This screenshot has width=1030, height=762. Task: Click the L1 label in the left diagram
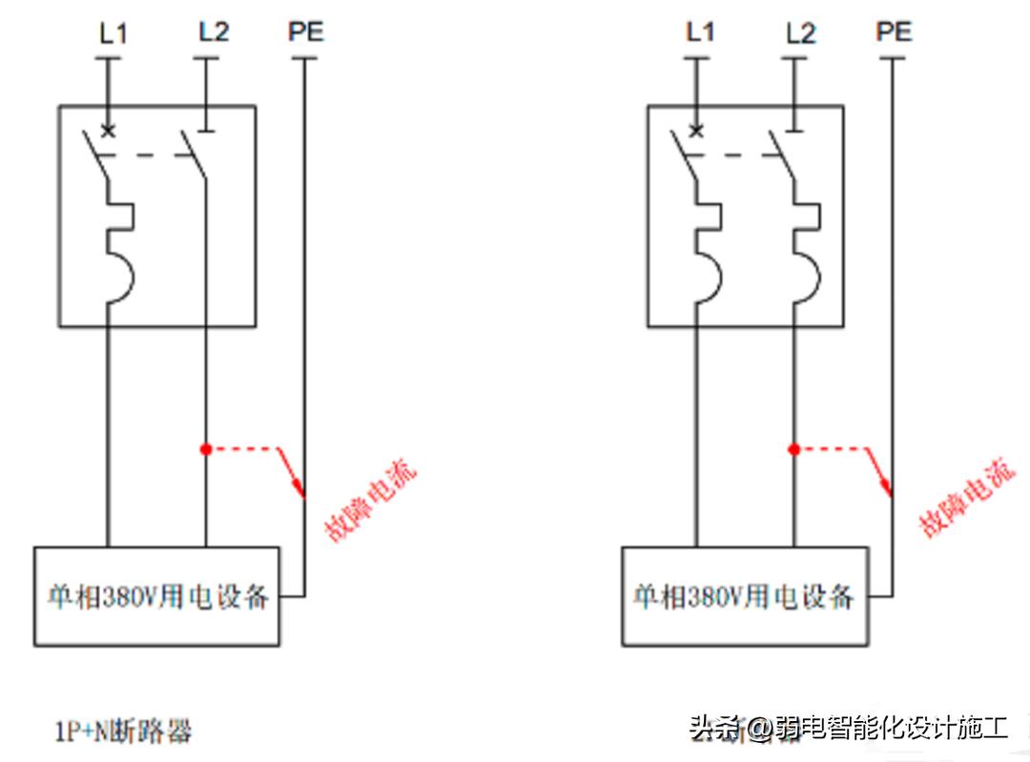113,34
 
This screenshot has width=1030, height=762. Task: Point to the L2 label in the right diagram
801,34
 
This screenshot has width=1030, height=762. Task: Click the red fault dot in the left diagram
205,448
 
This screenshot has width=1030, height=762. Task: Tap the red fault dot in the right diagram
793,448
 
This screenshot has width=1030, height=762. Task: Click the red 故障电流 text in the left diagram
371,502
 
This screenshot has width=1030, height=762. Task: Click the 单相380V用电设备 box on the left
157,597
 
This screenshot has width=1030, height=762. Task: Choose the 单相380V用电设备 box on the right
745,597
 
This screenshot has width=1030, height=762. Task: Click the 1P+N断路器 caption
123,731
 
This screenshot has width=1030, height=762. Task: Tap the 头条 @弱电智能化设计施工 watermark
849,729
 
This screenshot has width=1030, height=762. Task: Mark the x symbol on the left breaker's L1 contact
108,131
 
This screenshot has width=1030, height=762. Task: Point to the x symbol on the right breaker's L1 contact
696,131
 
